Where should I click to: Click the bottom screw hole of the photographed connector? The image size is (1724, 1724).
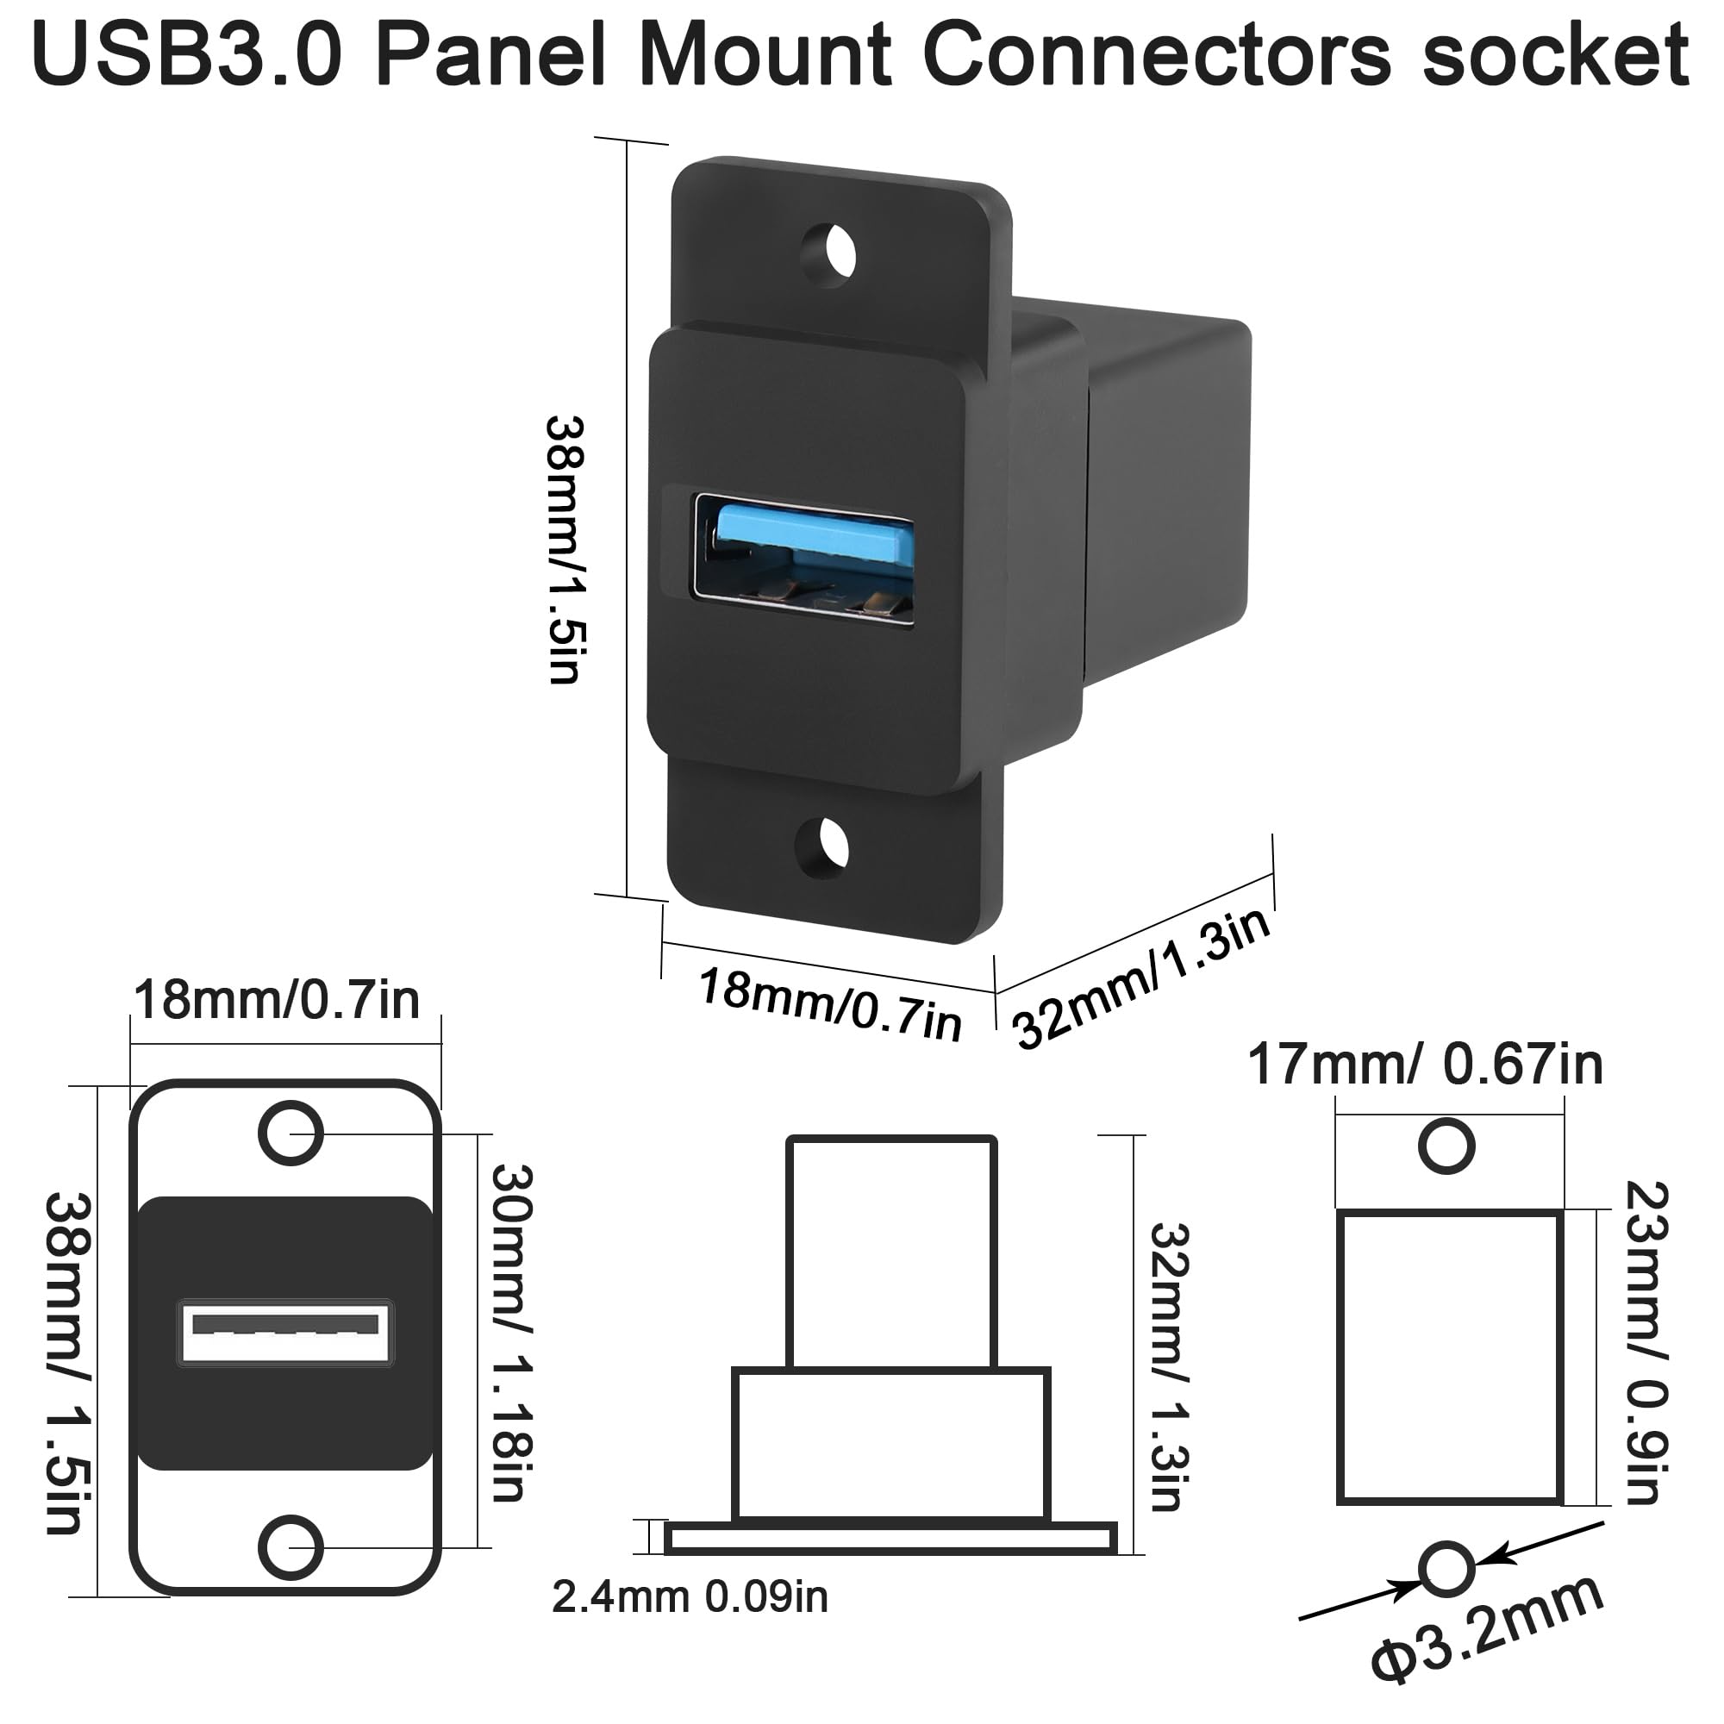[x=822, y=844]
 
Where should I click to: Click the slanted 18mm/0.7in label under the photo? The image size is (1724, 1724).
[x=830, y=1005]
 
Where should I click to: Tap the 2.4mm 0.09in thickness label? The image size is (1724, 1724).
[x=690, y=1596]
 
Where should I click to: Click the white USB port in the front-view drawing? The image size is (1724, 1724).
[x=286, y=1334]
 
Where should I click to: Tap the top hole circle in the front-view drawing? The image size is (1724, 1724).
[x=290, y=1134]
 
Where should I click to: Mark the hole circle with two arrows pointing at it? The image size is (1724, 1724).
[x=1446, y=1569]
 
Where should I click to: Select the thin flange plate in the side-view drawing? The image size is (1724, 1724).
[x=890, y=1538]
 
